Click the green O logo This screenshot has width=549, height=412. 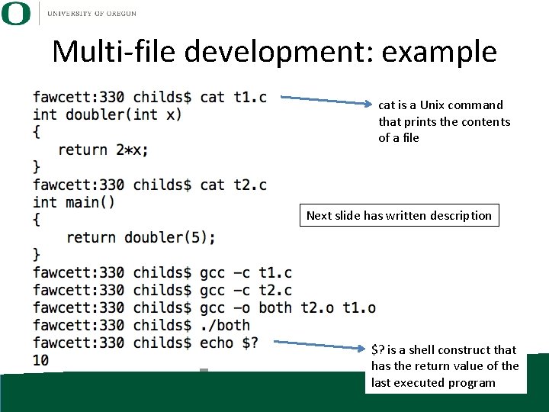pos(16,13)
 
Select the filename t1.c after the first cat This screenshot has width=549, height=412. pos(250,97)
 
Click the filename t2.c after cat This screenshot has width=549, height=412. pos(250,185)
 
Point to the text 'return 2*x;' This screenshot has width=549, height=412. pos(104,150)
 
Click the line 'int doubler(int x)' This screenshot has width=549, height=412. pos(108,114)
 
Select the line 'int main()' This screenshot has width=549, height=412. pos(74,202)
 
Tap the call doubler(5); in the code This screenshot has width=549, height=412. pos(170,237)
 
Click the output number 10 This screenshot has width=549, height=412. pos(41,360)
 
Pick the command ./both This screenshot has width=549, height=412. pos(225,325)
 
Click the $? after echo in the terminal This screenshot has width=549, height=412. pos(250,343)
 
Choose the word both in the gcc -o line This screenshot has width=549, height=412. pos(275,307)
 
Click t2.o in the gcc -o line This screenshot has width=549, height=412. pos(317,307)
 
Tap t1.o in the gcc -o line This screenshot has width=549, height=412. pos(359,307)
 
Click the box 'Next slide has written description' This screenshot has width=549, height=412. pos(399,216)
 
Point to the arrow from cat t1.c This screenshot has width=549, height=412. pos(329,99)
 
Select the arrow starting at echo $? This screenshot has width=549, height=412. pos(320,345)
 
